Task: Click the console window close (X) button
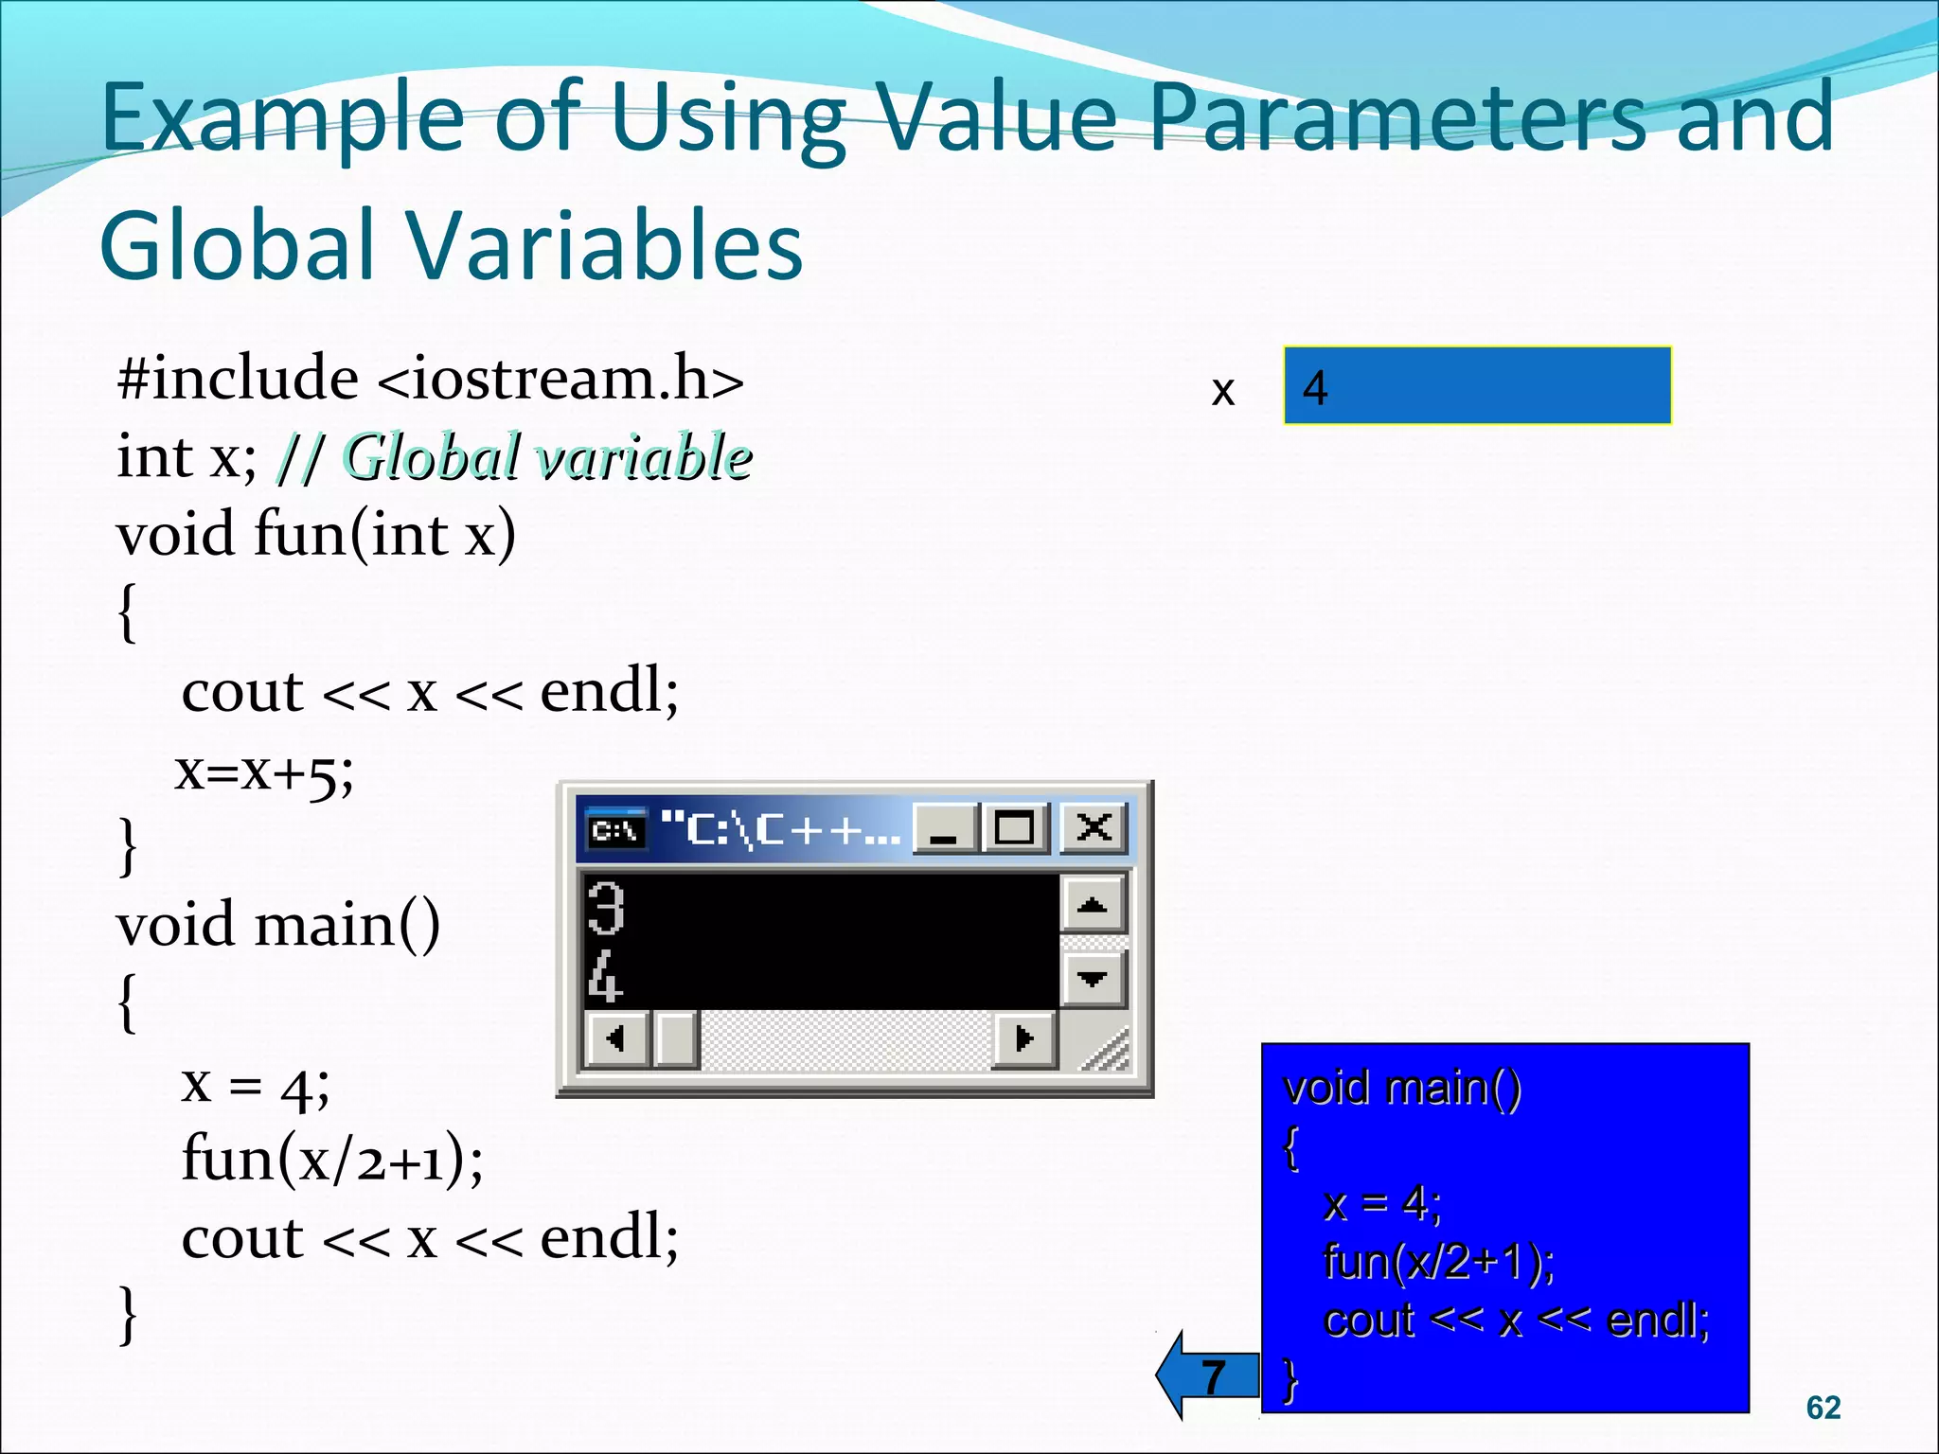tap(1094, 828)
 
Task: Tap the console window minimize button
tap(945, 828)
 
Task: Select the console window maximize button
tap(1014, 828)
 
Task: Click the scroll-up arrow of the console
tap(1093, 905)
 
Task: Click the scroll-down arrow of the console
tap(1093, 978)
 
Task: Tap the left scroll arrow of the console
tap(615, 1038)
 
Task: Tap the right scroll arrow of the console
tap(1023, 1038)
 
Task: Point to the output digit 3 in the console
tap(605, 908)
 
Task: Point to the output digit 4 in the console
tap(605, 977)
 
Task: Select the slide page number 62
tap(1823, 1408)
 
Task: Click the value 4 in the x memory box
tap(1315, 387)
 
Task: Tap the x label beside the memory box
tap(1222, 390)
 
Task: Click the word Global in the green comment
tap(432, 456)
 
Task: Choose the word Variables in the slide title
tap(606, 246)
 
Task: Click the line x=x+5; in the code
tap(264, 771)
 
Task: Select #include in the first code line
tap(237, 378)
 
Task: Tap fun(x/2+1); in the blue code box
tap(1438, 1261)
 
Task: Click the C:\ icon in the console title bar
tap(615, 830)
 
